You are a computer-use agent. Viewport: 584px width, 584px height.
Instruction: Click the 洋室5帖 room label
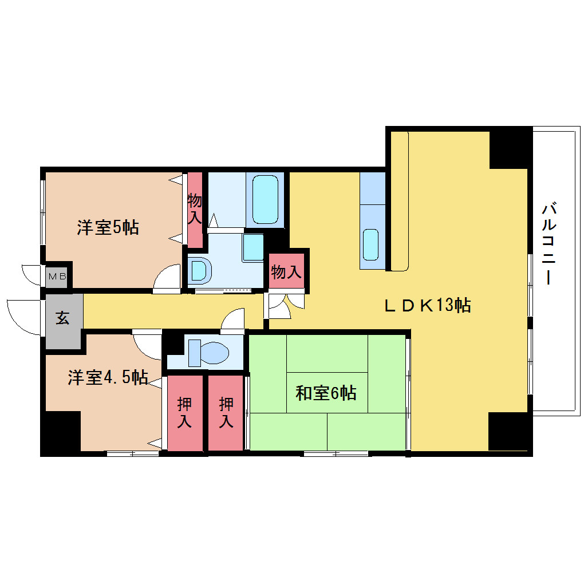(x=108, y=227)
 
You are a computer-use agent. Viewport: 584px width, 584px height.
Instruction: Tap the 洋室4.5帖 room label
(x=108, y=377)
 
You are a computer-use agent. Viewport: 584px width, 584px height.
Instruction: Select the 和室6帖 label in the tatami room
(x=326, y=393)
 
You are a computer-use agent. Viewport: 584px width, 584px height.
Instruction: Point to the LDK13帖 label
(x=428, y=305)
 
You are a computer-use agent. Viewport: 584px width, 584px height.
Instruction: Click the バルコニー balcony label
(x=549, y=243)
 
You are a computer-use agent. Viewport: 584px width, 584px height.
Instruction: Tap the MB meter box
(x=57, y=277)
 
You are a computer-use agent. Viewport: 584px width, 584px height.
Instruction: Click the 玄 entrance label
(x=62, y=319)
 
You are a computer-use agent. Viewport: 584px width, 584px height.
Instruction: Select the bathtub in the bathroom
(x=265, y=200)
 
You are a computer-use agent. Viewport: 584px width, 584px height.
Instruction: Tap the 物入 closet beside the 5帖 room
(x=195, y=210)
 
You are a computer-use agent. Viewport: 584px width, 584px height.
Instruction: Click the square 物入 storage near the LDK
(x=286, y=271)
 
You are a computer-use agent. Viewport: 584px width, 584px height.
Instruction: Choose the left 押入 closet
(x=185, y=413)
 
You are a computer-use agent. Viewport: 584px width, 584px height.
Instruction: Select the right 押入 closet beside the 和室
(x=226, y=413)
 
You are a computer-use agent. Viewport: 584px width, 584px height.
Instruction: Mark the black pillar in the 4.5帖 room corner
(x=61, y=432)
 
